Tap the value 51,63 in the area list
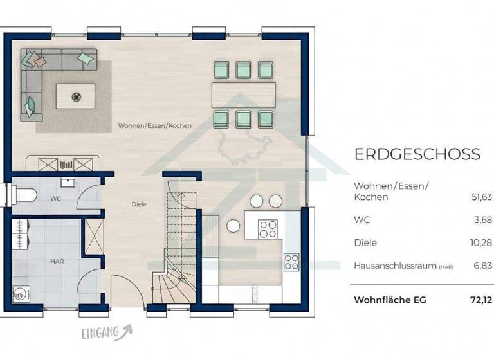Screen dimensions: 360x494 [x=480, y=197]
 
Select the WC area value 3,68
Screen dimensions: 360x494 [x=482, y=220]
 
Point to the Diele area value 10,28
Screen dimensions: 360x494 [x=480, y=243]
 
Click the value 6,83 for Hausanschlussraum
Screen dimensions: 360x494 [x=482, y=265]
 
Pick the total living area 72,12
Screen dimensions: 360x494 [x=479, y=300]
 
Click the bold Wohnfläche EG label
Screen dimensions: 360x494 [x=390, y=300]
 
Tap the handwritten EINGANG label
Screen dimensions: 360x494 [x=101, y=332]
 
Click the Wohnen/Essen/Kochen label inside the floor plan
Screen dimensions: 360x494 [x=154, y=126]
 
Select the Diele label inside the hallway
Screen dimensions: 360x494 [x=139, y=204]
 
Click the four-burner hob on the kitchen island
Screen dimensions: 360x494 [x=268, y=228]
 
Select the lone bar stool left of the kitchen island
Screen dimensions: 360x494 [x=233, y=225]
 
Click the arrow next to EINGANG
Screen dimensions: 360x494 [x=128, y=330]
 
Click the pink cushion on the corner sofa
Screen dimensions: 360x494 [x=39, y=62]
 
